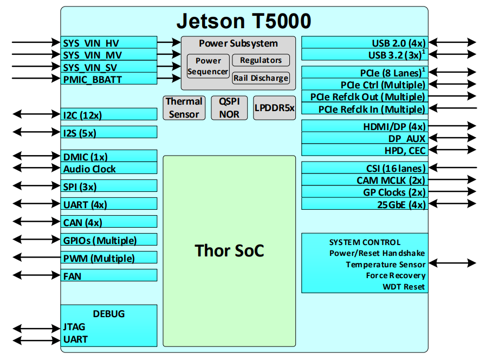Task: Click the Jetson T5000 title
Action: click(x=244, y=22)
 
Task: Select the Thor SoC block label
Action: click(x=229, y=250)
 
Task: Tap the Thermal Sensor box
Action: click(x=184, y=108)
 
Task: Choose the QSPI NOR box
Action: click(x=229, y=108)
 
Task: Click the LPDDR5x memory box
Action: click(x=274, y=108)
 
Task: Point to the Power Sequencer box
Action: click(x=208, y=66)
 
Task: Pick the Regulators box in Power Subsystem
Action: click(x=261, y=60)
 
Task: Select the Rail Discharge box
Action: click(x=261, y=78)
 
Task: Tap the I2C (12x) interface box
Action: click(x=109, y=114)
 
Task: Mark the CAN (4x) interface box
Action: click(x=109, y=222)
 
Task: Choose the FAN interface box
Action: click(x=109, y=276)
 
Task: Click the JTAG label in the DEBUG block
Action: click(x=74, y=327)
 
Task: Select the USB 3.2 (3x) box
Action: click(x=364, y=55)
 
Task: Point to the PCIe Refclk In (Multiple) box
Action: click(x=364, y=110)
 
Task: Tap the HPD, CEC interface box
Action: click(x=364, y=150)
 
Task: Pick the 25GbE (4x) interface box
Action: click(x=364, y=204)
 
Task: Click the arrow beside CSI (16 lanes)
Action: click(x=452, y=168)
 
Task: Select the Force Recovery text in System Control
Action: click(x=396, y=275)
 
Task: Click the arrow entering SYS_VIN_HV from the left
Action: click(x=36, y=42)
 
